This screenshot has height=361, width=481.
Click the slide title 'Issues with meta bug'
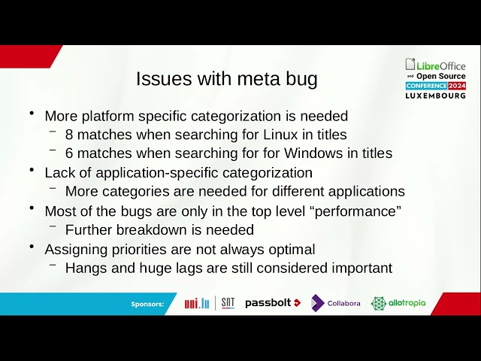227,79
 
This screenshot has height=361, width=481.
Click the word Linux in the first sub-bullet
280,135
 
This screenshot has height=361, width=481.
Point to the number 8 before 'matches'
69,135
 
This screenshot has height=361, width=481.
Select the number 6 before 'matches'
69,153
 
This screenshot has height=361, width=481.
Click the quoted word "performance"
358,211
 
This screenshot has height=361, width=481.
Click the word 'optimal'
292,250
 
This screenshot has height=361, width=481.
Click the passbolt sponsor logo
273,303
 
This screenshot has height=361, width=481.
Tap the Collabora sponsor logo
336,303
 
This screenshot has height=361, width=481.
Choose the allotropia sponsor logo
398,303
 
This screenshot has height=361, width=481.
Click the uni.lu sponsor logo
197,303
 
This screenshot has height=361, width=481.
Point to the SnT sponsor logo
228,302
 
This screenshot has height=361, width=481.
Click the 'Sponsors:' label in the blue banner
147,304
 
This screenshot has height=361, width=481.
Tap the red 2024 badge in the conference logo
457,86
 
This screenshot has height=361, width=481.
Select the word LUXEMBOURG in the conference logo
436,96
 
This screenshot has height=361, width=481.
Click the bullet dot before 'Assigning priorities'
32,246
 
